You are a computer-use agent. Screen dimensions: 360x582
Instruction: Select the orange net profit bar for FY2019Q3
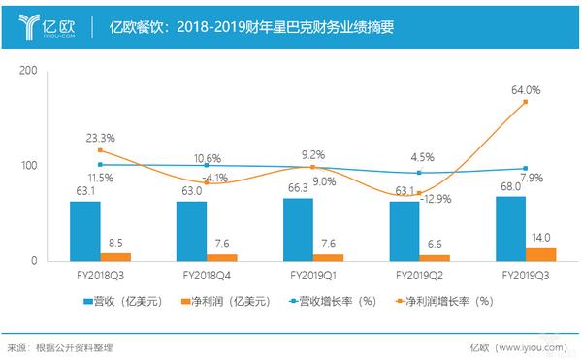pyautogui.click(x=540, y=254)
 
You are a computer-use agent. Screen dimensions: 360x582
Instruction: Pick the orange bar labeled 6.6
pyautogui.click(x=434, y=257)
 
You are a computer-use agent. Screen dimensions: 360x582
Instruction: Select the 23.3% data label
pyautogui.click(x=100, y=138)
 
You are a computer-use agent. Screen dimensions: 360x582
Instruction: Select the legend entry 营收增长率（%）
pyautogui.click(x=334, y=301)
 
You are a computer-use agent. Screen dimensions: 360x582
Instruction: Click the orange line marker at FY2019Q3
pyautogui.click(x=525, y=102)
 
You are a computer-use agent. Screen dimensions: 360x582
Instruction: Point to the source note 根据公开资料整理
pyautogui.click(x=73, y=346)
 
